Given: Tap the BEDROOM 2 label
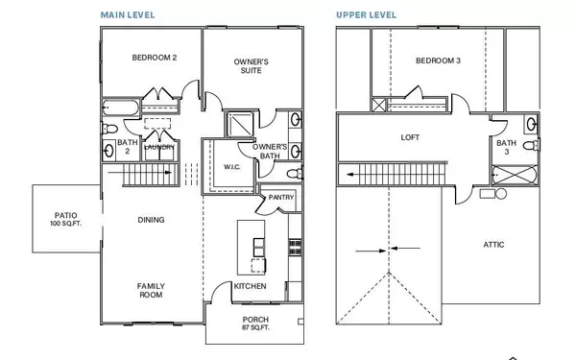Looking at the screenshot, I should click(155, 58).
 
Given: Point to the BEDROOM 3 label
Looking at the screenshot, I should click(438, 61).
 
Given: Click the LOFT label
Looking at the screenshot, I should click(410, 137).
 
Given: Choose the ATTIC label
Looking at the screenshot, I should click(493, 244).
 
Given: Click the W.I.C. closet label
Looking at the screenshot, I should click(231, 167).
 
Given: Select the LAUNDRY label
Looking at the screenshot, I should click(158, 147).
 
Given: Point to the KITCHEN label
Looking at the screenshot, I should click(251, 286).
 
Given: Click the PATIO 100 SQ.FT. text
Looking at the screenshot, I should click(65, 219).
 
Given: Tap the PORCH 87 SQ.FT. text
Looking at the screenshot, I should click(255, 324).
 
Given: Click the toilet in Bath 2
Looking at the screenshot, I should click(109, 128).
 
